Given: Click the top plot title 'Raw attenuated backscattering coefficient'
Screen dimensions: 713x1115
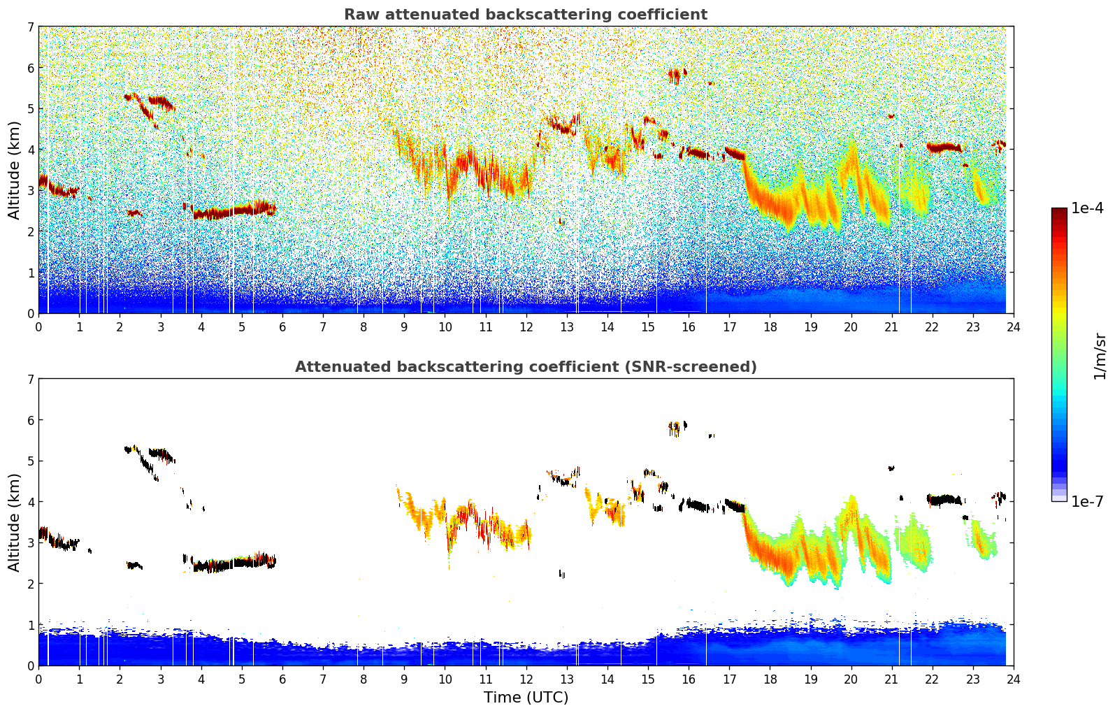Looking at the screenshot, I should pos(525,15).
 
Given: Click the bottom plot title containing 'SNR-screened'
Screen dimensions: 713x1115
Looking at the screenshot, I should pos(525,367).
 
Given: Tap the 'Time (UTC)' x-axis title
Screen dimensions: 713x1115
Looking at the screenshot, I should pos(526,697).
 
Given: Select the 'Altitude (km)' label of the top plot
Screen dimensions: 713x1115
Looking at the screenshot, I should pos(14,170).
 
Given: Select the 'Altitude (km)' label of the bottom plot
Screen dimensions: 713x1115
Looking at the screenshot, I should pos(14,522).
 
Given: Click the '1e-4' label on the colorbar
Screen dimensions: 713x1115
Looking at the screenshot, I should pos(1087,208).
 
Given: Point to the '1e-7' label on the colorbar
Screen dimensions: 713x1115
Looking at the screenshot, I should pos(1087,501).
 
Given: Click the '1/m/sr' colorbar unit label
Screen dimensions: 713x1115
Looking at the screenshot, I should pos(1100,356).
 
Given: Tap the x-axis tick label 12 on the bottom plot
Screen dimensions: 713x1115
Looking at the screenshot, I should pos(526,679).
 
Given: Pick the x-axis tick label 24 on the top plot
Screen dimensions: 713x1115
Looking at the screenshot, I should pos(1013,326).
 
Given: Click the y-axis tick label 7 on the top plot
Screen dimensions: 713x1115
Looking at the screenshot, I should pos(30,27).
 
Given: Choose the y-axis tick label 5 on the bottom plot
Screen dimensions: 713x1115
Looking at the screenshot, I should pos(30,461).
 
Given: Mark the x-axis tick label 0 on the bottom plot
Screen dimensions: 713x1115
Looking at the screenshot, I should pos(38,679).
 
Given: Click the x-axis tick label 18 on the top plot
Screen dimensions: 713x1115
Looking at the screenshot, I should pos(770,326).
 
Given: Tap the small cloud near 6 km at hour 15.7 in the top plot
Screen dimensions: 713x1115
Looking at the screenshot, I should pos(675,74).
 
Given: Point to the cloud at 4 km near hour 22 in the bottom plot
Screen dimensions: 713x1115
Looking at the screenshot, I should pos(944,499).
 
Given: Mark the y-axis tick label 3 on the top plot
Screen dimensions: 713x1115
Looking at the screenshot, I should pos(30,190).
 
